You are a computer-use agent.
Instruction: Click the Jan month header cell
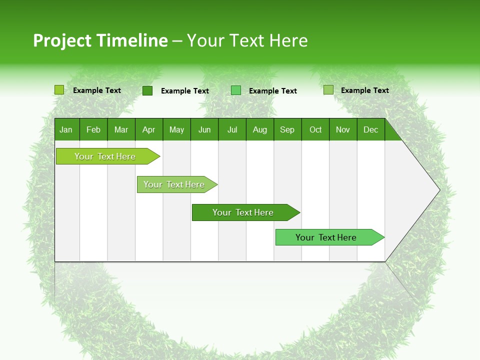tap(66, 129)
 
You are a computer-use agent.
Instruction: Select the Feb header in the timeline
tap(93, 129)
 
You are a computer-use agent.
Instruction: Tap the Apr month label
tap(149, 129)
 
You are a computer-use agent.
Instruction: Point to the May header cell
tap(176, 129)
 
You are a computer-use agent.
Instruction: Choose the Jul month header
tap(232, 129)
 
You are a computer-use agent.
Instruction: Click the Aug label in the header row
tap(260, 129)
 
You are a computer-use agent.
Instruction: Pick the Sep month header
tap(287, 129)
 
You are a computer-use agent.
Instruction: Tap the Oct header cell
tap(315, 129)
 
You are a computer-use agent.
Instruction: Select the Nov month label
tap(343, 129)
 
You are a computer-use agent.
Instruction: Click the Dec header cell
tap(371, 129)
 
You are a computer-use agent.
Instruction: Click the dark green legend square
tap(147, 90)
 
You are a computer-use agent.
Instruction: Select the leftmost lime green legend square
tap(59, 90)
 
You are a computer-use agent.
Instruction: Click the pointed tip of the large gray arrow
tap(438, 190)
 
